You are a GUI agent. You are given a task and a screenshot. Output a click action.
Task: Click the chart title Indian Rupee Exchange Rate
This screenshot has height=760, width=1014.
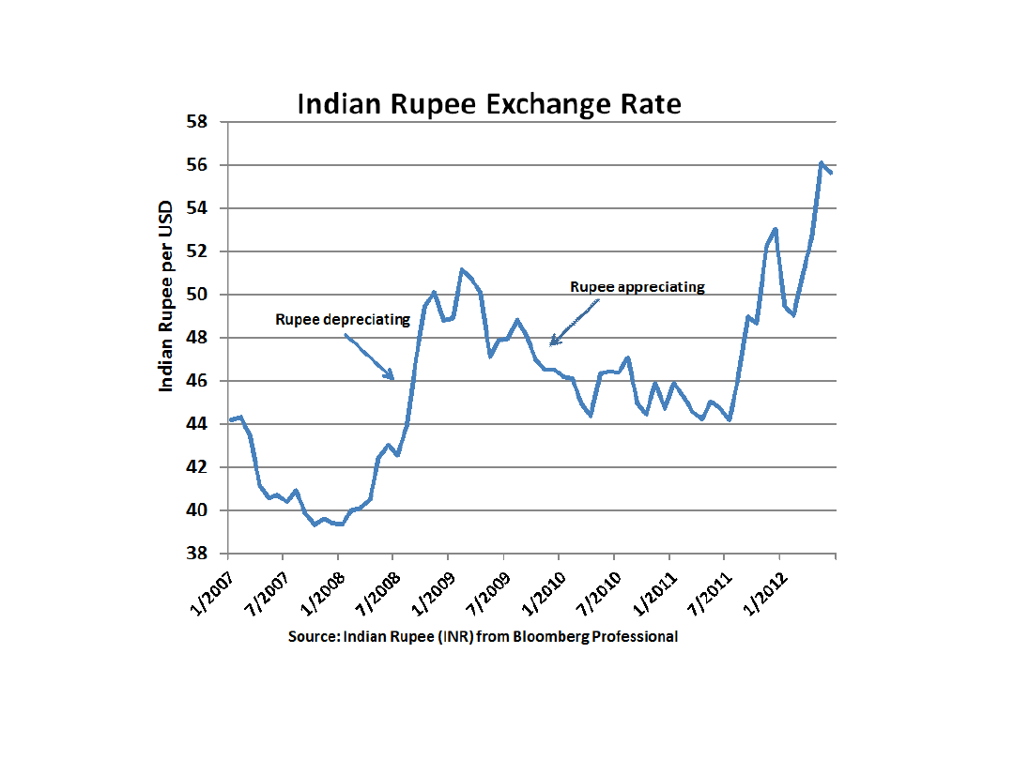[x=489, y=103]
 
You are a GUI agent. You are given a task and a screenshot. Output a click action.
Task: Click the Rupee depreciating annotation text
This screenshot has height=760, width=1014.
[x=343, y=319]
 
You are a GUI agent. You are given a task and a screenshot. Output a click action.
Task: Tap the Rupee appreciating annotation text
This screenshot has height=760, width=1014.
[x=638, y=287]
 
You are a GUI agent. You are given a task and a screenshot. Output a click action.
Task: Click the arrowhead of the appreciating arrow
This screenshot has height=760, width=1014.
[x=552, y=343]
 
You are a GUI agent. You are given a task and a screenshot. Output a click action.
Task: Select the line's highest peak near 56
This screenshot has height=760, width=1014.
[x=822, y=163]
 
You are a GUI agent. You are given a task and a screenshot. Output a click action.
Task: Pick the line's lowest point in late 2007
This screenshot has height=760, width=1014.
[x=315, y=524]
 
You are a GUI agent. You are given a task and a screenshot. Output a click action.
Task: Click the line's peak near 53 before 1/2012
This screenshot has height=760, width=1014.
[x=776, y=228]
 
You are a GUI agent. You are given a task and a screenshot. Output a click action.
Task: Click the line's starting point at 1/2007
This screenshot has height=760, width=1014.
[x=230, y=419]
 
